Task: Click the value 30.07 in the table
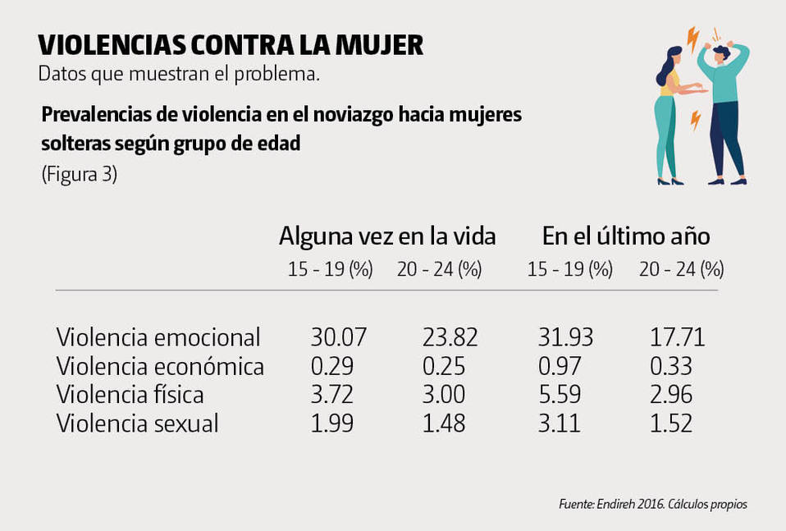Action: coord(338,336)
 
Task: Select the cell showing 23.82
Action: coord(450,336)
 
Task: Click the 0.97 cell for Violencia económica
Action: coord(557,366)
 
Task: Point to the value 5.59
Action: coord(557,395)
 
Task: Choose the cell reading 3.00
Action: coord(444,395)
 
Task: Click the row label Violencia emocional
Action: coord(158,336)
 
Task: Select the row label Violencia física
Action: coord(130,395)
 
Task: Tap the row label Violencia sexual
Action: coord(138,423)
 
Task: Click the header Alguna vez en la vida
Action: coord(387,236)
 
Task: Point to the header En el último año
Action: coord(625,236)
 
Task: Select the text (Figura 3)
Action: coord(79,175)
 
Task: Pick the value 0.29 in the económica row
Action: coord(332,366)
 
